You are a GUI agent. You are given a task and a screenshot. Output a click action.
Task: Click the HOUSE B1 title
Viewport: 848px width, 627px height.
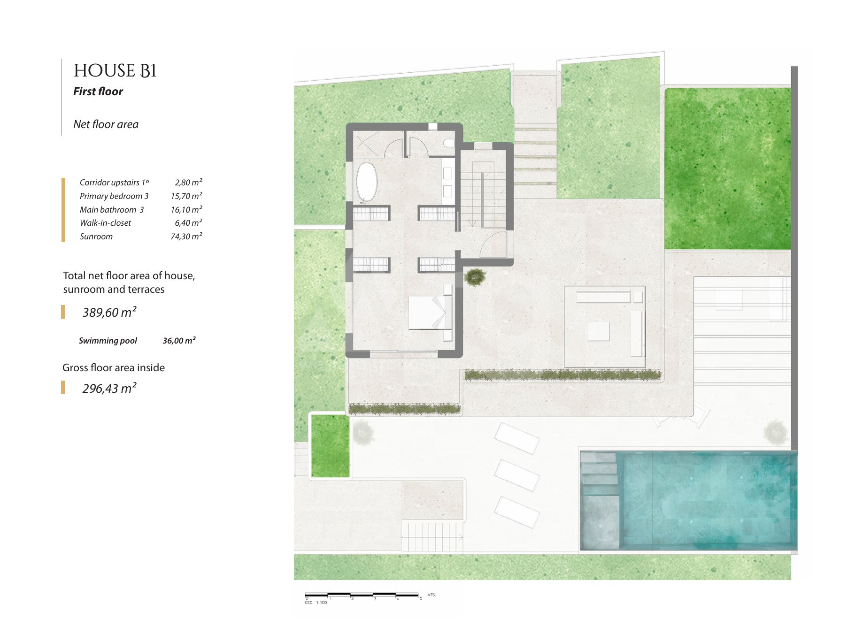[x=115, y=71]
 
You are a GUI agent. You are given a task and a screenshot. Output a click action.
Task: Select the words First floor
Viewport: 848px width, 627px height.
[x=98, y=92]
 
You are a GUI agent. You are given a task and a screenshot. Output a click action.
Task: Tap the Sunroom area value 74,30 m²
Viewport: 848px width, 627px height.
[x=186, y=237]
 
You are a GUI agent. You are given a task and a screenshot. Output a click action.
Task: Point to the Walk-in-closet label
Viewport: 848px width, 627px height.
[x=105, y=223]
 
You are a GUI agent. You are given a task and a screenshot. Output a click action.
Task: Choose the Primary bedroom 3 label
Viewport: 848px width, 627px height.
[x=114, y=196]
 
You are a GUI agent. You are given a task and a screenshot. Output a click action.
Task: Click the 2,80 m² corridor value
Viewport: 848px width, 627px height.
[x=188, y=183]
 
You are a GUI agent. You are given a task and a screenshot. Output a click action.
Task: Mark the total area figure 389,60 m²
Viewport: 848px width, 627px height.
[x=109, y=312]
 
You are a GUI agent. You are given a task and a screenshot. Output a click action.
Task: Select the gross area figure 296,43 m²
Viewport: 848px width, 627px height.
[x=109, y=388]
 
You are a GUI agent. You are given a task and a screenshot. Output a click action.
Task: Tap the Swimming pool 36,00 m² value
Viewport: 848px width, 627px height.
[x=179, y=341]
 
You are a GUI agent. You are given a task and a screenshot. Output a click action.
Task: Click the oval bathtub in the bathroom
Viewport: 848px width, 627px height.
[x=366, y=182]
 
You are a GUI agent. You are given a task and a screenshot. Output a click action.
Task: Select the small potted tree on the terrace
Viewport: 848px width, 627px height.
[x=475, y=276]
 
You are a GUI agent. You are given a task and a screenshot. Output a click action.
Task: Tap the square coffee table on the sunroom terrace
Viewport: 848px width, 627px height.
[x=598, y=331]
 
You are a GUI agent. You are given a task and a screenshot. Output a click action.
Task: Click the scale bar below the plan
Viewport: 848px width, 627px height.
[x=362, y=596]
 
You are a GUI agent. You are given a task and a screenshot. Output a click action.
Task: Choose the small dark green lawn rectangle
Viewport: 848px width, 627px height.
[x=331, y=445]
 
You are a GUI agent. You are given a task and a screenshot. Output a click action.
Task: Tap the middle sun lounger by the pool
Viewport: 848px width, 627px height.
[x=517, y=475]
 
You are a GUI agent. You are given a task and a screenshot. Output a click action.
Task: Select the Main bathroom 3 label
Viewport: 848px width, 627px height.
[x=112, y=210]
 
